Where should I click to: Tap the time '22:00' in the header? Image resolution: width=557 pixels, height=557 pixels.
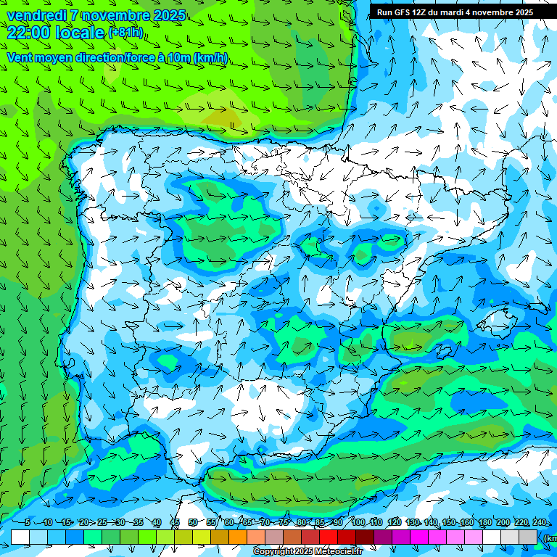[x=28, y=32]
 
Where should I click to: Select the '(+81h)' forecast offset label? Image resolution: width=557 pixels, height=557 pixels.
[x=126, y=33]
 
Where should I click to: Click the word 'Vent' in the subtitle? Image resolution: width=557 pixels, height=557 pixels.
[x=20, y=58]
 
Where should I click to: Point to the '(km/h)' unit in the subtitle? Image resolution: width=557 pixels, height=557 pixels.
[x=211, y=58]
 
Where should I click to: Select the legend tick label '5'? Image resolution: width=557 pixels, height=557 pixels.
[x=28, y=522]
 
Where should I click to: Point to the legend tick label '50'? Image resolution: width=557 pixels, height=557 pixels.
[x=192, y=522]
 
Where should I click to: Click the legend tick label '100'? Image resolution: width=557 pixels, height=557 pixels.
[x=358, y=522]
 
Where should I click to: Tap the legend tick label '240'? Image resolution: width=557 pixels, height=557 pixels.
[x=539, y=522]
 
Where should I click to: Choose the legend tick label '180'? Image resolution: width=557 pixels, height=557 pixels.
[x=484, y=522]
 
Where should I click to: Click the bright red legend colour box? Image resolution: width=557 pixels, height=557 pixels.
[x=329, y=537]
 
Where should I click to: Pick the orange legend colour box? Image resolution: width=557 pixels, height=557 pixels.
[x=238, y=537]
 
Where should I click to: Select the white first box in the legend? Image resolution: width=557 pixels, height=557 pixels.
[x=20, y=537]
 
